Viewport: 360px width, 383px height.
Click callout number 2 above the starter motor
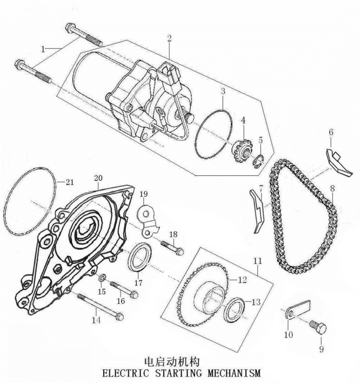(170, 38)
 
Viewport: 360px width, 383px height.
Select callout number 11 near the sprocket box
(258, 261)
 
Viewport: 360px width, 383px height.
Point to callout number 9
(319, 347)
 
